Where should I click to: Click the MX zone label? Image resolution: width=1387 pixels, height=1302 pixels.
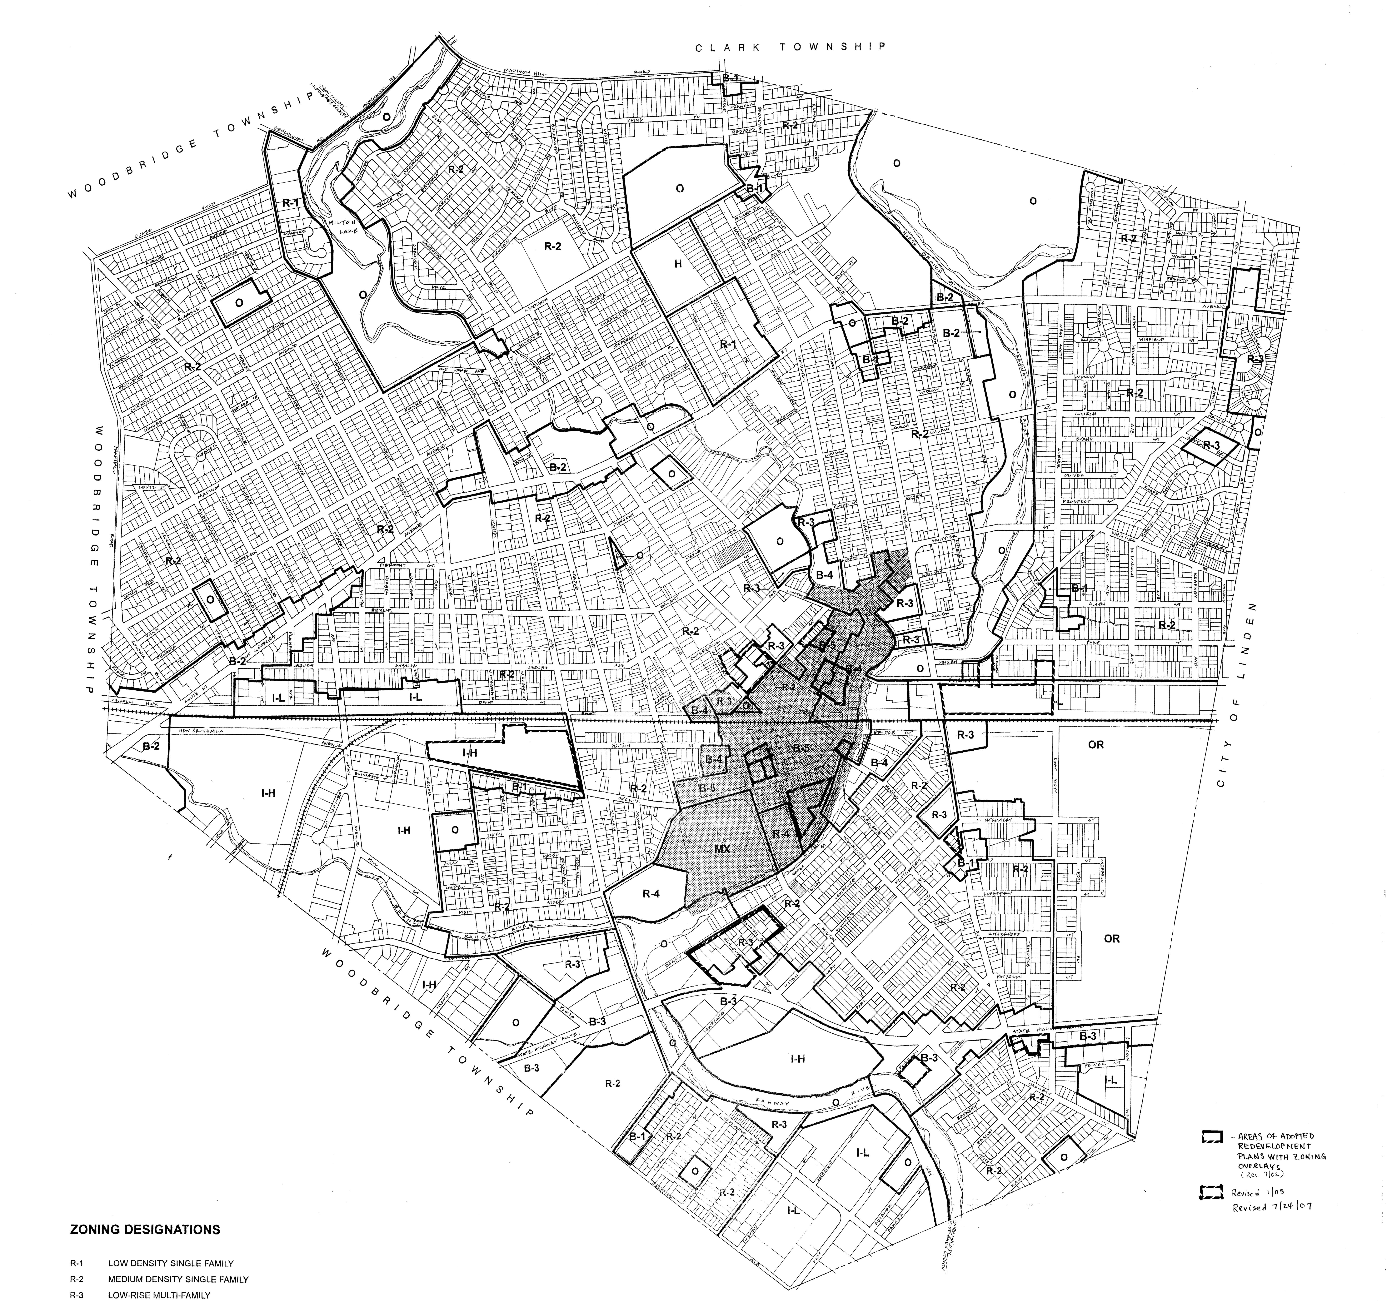click(722, 849)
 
